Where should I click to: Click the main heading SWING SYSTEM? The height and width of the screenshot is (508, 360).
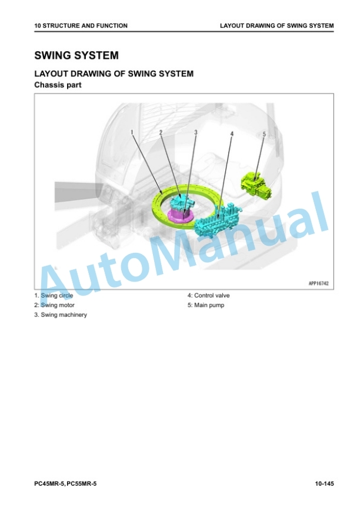(x=76, y=55)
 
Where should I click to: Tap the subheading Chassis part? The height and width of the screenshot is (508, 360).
(x=58, y=85)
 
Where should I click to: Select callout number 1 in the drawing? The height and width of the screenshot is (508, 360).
(x=132, y=132)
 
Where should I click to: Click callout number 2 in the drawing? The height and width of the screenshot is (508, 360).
(x=161, y=132)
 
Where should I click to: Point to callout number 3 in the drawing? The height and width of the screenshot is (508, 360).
(x=196, y=132)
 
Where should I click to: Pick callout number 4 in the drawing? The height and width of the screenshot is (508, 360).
(x=232, y=133)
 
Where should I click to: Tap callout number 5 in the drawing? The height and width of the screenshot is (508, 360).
(x=264, y=134)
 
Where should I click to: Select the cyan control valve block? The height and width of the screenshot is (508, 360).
(x=217, y=220)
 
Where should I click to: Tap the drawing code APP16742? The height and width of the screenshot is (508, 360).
(x=318, y=283)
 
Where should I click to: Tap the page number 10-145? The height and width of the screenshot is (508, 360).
(x=324, y=484)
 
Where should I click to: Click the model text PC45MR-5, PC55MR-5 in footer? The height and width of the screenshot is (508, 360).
(x=65, y=484)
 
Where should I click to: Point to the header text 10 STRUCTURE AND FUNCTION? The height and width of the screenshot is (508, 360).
(x=81, y=26)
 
